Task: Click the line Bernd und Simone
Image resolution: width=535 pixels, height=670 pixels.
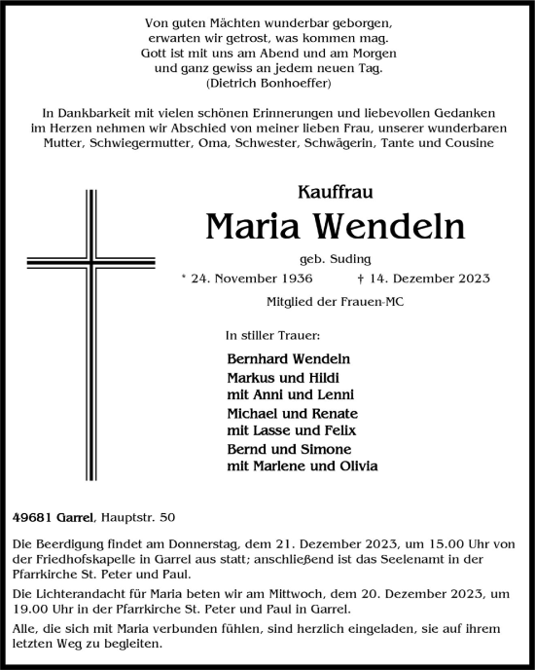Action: [x=278, y=448]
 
